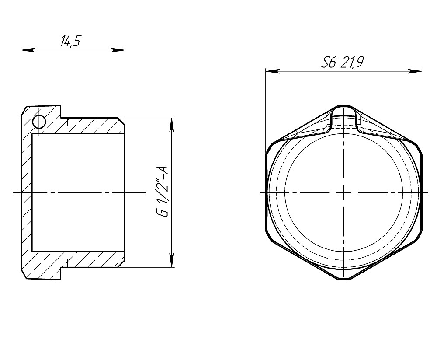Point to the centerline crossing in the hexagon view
pos(343,192)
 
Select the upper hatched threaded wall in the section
pos(94,126)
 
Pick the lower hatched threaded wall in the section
pos(94,259)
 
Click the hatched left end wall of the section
pos(26,192)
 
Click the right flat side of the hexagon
pos(421,192)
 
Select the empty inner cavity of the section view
pos(79,192)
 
